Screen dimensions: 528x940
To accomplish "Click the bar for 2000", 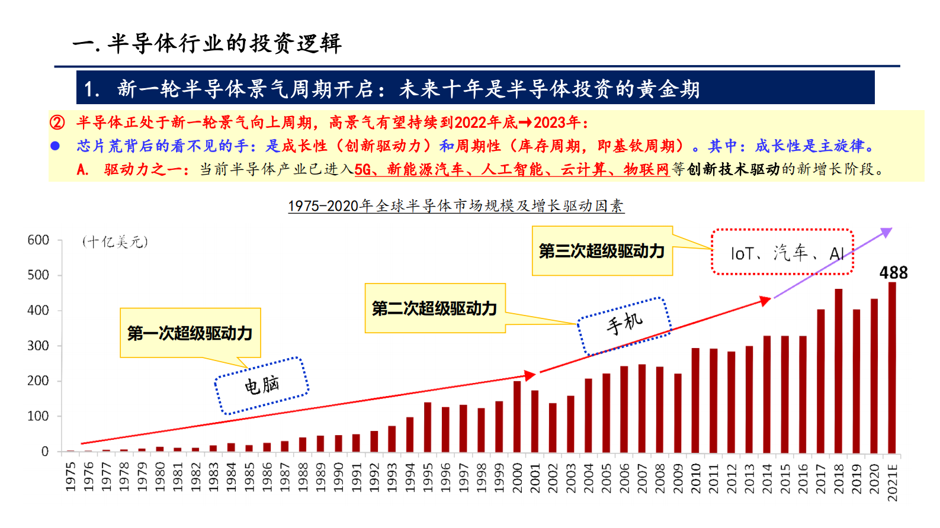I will click(x=517, y=417).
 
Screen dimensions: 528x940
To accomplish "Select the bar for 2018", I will click(x=839, y=371).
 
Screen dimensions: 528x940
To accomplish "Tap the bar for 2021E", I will click(x=892, y=368).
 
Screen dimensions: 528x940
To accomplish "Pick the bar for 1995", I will click(x=428, y=428).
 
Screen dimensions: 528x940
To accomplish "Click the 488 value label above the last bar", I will click(x=893, y=273).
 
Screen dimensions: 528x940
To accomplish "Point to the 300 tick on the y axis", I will click(x=38, y=346).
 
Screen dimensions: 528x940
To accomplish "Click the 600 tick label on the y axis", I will click(x=38, y=240).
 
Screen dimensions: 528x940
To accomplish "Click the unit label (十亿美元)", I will click(x=115, y=242).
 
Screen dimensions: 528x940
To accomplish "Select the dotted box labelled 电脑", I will click(x=262, y=385).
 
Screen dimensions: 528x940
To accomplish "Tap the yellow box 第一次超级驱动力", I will click(x=190, y=333).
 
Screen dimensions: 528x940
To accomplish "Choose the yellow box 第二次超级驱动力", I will click(x=435, y=308).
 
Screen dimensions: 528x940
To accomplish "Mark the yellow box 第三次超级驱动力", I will click(x=602, y=251).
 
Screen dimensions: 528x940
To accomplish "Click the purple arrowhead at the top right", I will click(x=886, y=232).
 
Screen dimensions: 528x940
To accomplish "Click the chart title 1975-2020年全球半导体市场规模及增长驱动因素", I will click(x=455, y=206).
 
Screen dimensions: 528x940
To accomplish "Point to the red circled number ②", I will click(x=57, y=123).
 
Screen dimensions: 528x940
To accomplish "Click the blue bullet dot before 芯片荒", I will click(x=55, y=146).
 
